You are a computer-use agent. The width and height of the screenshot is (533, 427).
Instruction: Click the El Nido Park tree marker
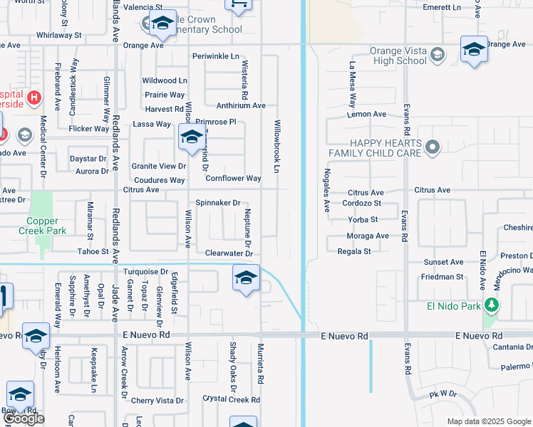pos(491,305)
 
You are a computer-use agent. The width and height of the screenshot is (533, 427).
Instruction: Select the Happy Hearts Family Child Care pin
pos(430,147)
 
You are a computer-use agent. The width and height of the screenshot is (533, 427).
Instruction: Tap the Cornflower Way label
pos(233,179)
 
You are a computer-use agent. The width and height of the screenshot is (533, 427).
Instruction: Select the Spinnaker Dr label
pos(218,203)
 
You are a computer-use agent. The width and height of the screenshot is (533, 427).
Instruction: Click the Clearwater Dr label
pos(229,253)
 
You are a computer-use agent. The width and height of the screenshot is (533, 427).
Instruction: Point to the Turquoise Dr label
pos(145,272)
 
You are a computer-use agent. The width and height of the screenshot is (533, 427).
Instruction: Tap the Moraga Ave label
pos(368,236)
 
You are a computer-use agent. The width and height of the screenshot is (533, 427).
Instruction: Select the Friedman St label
pos(442,277)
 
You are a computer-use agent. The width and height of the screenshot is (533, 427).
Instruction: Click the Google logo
pos(24,418)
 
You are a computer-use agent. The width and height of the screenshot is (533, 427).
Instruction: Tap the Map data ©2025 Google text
pos(488,421)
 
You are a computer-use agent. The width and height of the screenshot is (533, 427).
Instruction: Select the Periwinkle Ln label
pos(215,56)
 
